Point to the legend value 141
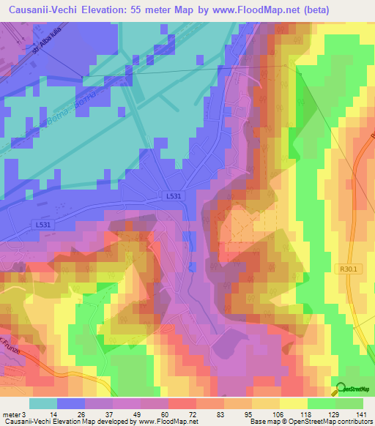360,414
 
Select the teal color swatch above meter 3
43,403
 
